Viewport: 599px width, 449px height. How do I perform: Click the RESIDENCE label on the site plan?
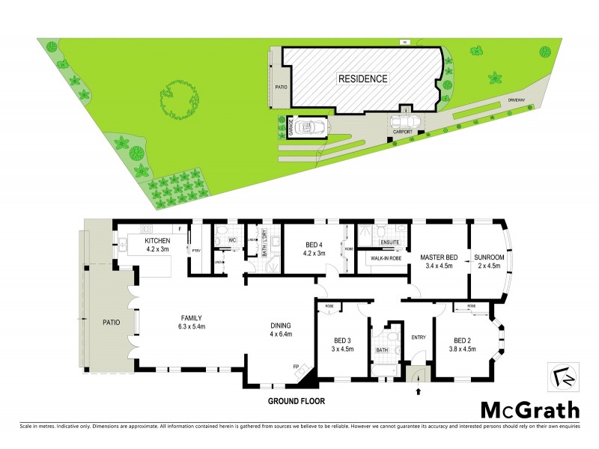(363, 79)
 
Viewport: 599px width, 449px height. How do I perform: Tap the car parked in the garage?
(310, 129)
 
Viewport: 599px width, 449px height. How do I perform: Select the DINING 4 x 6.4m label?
(281, 329)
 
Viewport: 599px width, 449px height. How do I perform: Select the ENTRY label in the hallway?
(419, 337)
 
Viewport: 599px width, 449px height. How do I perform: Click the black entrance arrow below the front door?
(418, 391)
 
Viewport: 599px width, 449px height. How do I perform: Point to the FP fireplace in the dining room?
(295, 367)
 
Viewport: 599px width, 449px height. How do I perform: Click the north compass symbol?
(566, 376)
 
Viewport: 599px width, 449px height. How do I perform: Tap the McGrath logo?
(530, 410)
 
